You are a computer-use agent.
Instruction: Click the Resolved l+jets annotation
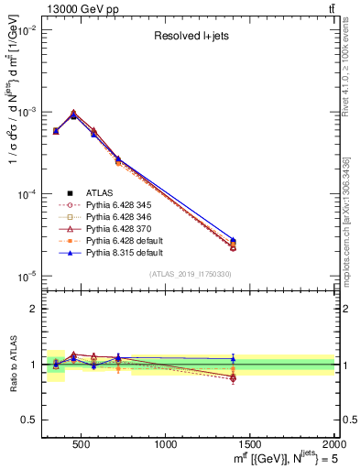tap(191, 37)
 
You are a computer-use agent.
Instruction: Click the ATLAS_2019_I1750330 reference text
tap(191, 274)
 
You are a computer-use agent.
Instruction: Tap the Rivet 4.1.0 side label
tap(352, 82)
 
